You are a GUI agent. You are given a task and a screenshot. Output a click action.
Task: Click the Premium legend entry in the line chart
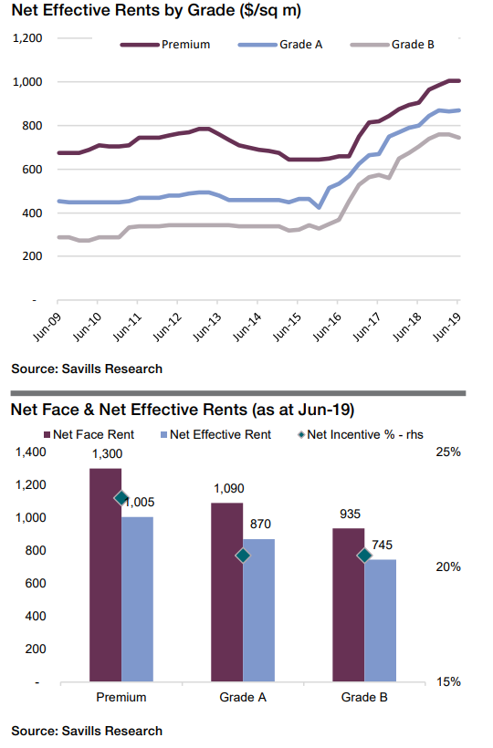(x=165, y=45)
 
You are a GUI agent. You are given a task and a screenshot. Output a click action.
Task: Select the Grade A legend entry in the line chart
(x=280, y=45)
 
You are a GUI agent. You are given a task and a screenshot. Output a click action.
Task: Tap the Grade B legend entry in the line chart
(x=393, y=45)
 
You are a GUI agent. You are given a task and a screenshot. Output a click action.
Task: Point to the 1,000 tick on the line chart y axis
(x=27, y=82)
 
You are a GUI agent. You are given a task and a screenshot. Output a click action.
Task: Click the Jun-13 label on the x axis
(x=207, y=327)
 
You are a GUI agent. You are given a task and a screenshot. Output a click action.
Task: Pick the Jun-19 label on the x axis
(x=447, y=327)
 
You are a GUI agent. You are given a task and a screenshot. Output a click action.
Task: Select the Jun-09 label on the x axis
(x=47, y=327)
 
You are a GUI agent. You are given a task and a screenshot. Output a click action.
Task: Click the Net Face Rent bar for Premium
(x=106, y=575)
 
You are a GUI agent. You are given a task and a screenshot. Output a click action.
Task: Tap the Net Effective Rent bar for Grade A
(x=258, y=610)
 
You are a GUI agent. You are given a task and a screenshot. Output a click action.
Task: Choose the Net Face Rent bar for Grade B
(x=349, y=605)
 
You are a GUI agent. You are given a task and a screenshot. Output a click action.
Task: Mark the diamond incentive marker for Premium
(x=121, y=498)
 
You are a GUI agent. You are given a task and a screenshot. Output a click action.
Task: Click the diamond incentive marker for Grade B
(x=364, y=556)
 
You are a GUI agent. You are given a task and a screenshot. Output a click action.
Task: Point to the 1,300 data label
(x=108, y=453)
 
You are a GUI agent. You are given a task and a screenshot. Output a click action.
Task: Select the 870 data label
(x=260, y=524)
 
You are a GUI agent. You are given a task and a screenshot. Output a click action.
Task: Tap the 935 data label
(x=351, y=514)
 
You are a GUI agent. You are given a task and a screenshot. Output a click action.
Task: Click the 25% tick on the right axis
(x=448, y=452)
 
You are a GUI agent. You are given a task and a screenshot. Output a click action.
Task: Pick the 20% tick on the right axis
(x=448, y=566)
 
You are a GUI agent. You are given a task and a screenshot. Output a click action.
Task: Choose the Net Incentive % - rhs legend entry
(x=361, y=434)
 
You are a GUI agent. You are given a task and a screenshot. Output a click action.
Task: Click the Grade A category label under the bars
(x=243, y=698)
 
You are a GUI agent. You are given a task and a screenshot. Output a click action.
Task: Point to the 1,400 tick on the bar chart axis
(x=31, y=452)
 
